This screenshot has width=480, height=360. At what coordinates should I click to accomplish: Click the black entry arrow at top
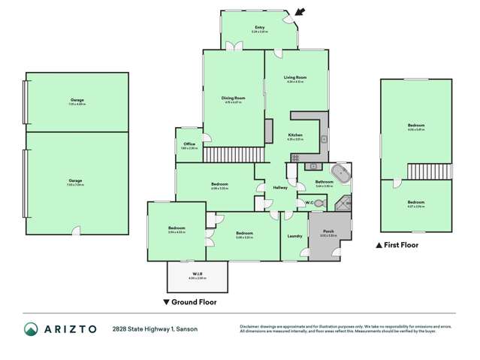coord(300,11)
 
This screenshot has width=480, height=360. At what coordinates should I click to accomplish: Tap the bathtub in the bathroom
coord(343,173)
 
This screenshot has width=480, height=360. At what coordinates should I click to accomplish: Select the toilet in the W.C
coord(321,202)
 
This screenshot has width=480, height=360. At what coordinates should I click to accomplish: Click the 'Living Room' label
coord(295,77)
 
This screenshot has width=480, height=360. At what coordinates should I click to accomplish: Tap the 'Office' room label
coord(189,144)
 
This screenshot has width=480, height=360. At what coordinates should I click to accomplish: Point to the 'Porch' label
coord(328,231)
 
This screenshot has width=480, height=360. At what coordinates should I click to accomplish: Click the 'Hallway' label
coord(280,187)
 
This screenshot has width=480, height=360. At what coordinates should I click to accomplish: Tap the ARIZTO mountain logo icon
coord(31,329)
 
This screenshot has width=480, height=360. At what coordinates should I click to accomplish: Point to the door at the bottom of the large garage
coord(76,230)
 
